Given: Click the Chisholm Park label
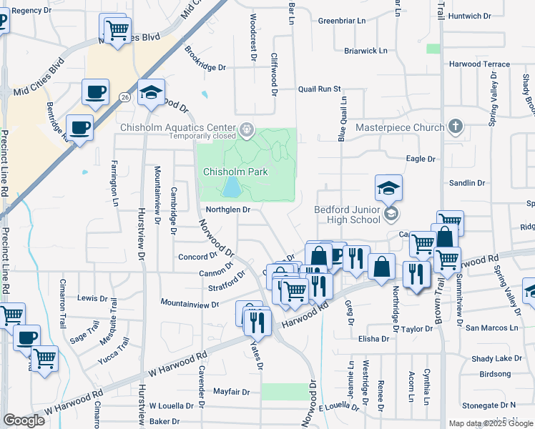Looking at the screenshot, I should [x=235, y=172].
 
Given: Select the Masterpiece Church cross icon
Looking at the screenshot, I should [x=455, y=127].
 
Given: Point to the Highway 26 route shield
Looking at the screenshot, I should [x=124, y=97].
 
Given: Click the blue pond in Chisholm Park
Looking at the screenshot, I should [x=232, y=188].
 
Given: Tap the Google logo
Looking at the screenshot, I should [x=24, y=420].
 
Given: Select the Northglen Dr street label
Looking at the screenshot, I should [x=228, y=209].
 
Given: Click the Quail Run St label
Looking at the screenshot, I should [x=320, y=89].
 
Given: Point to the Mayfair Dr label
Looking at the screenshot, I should [x=232, y=392].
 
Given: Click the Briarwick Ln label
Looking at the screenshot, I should [x=365, y=51].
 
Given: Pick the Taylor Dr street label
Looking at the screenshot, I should [x=418, y=330].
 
